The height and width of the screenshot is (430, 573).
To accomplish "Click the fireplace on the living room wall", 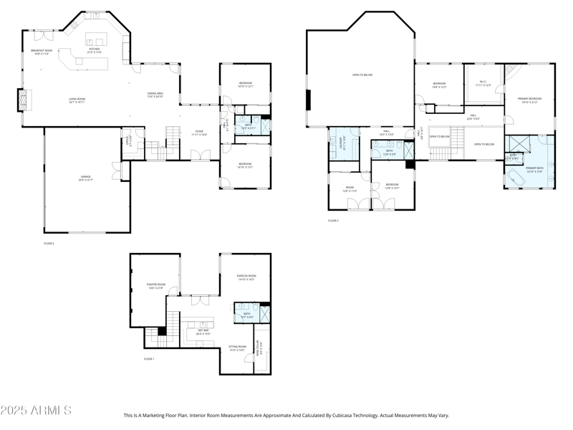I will tap(26, 100).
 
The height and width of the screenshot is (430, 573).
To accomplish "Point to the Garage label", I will tap(85, 178).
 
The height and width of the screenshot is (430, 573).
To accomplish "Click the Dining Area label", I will tap(155, 95).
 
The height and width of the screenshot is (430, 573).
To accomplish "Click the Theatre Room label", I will tap(156, 286).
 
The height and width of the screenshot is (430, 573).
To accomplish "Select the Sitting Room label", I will tap(238, 348).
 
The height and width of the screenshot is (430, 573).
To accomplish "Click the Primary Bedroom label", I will tap(529, 100).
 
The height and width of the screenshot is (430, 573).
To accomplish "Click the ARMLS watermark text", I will tap(36, 411).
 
